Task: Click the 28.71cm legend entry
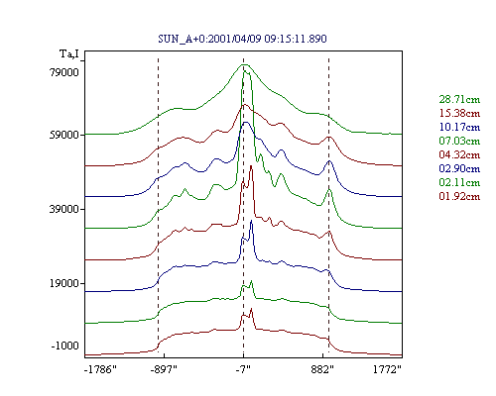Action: click(x=459, y=99)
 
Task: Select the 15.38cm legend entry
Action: click(x=459, y=113)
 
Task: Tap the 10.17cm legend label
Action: click(x=459, y=127)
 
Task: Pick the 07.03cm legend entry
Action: click(x=459, y=141)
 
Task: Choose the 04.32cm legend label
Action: click(x=459, y=154)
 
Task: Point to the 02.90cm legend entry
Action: click(x=459, y=168)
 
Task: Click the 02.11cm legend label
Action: click(x=459, y=182)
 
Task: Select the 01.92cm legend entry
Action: click(x=459, y=196)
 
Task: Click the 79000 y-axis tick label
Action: click(x=64, y=72)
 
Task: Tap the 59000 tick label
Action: click(x=64, y=135)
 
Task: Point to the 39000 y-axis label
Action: click(x=64, y=209)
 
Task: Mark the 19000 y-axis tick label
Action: click(x=64, y=283)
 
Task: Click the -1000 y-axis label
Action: click(x=65, y=346)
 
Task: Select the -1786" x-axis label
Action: click(x=100, y=369)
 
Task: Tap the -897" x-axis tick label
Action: click(x=164, y=369)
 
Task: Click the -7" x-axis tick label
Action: click(x=243, y=369)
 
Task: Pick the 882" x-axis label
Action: click(x=322, y=369)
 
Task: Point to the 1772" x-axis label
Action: click(x=387, y=369)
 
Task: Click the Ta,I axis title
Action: click(x=69, y=53)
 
